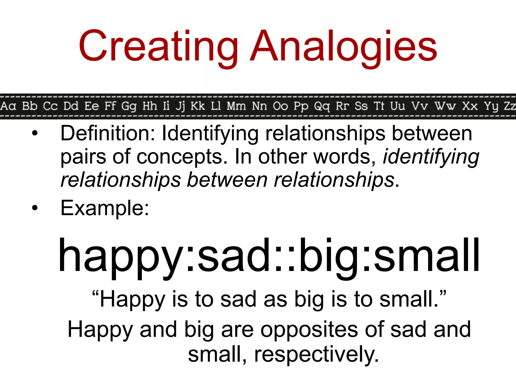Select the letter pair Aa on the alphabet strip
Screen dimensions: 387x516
click(8, 106)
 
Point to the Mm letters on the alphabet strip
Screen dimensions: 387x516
click(236, 106)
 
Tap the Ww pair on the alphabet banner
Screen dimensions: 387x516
click(445, 106)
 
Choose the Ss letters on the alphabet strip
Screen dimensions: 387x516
click(361, 106)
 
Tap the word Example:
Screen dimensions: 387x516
click(105, 208)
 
